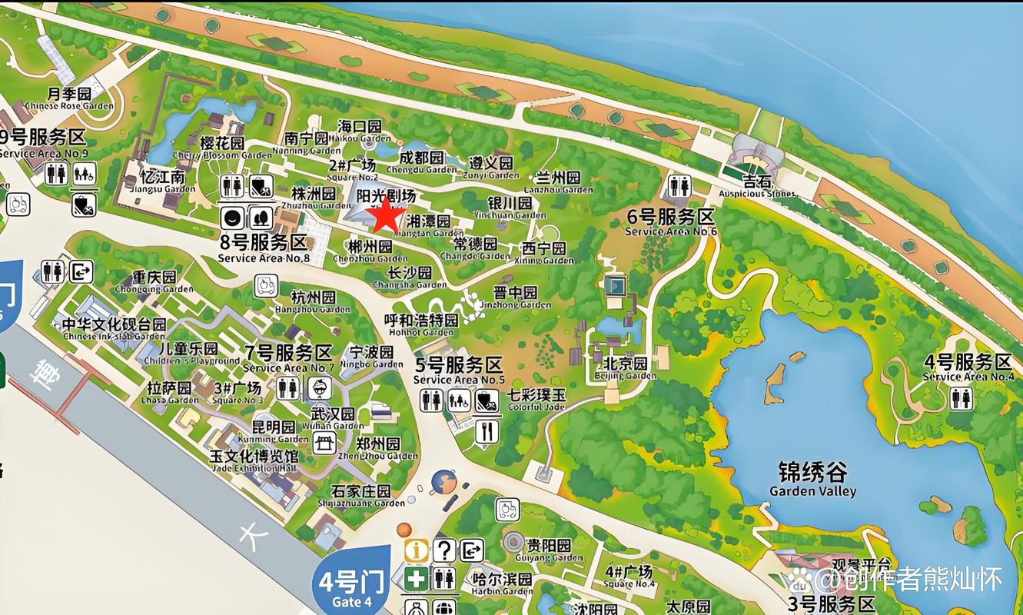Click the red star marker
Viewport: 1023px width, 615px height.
(386, 217)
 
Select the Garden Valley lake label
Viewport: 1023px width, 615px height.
(812, 479)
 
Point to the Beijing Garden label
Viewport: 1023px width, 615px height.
(625, 368)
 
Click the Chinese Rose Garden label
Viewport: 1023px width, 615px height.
(69, 98)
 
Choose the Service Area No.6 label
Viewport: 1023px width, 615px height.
(671, 222)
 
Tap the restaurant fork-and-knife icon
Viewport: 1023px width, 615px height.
(487, 431)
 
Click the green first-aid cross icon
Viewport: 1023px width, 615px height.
(417, 579)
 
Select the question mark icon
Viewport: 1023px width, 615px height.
(444, 550)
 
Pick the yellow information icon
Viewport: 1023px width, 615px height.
(417, 550)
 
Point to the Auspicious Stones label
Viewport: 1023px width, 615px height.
(757, 187)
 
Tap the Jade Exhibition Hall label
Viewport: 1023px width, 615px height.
(254, 460)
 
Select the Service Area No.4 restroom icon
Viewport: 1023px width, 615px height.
(961, 398)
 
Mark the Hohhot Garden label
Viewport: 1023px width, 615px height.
(421, 324)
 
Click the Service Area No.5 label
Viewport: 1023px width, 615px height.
(459, 370)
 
